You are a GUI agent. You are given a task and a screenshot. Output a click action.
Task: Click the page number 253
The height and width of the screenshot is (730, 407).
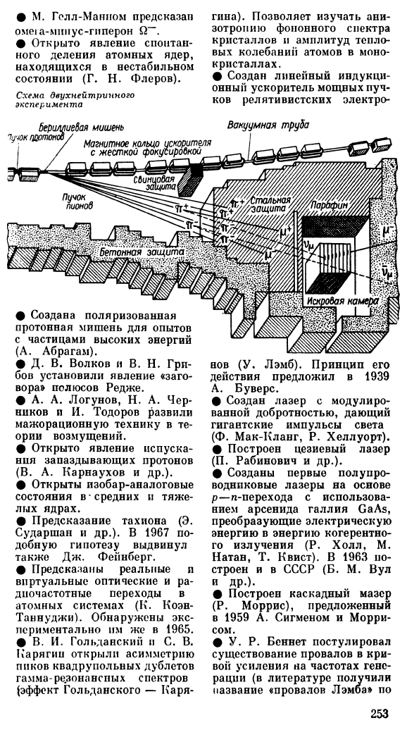pyautogui.click(x=379, y=713)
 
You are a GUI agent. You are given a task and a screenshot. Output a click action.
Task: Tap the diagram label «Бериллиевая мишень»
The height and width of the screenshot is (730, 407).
pyautogui.click(x=82, y=127)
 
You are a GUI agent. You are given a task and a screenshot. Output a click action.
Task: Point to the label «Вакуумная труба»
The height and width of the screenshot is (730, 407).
pyautogui.click(x=268, y=125)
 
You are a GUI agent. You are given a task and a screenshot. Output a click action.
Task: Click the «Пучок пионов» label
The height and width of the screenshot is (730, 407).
pyautogui.click(x=77, y=199)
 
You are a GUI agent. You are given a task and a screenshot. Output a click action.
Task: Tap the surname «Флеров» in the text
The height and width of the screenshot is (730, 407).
pyautogui.click(x=154, y=78)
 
